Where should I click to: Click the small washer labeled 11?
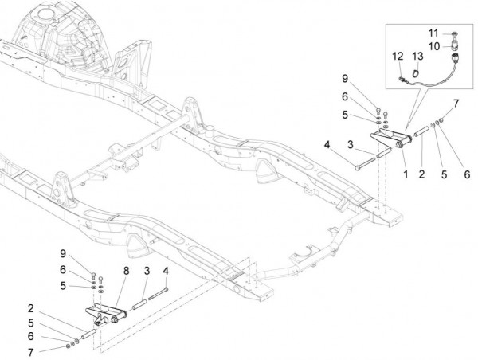click(454, 33)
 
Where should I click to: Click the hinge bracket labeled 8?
click(104, 315)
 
